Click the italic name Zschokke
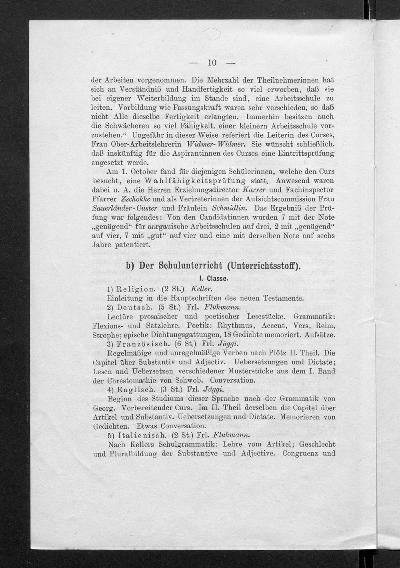[x=132, y=199]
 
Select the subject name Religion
[x=136, y=289]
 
